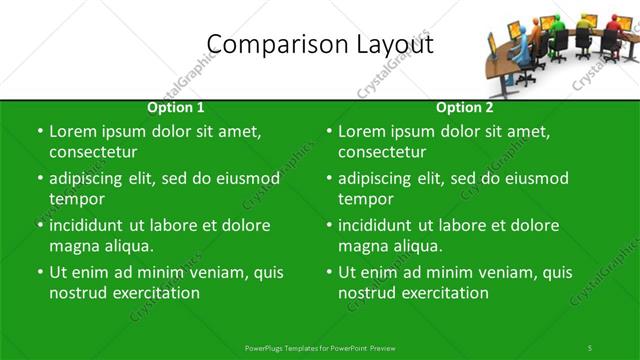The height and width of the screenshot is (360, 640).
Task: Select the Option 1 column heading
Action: (176, 107)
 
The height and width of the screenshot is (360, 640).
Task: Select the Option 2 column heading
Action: (465, 107)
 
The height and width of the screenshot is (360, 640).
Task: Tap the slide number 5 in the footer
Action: (590, 347)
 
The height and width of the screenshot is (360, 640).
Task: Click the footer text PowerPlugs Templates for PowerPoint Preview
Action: (319, 347)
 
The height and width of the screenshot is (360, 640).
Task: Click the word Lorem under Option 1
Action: (72, 131)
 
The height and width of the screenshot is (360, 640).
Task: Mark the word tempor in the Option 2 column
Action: (365, 198)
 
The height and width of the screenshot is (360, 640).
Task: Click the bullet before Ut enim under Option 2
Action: (329, 272)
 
